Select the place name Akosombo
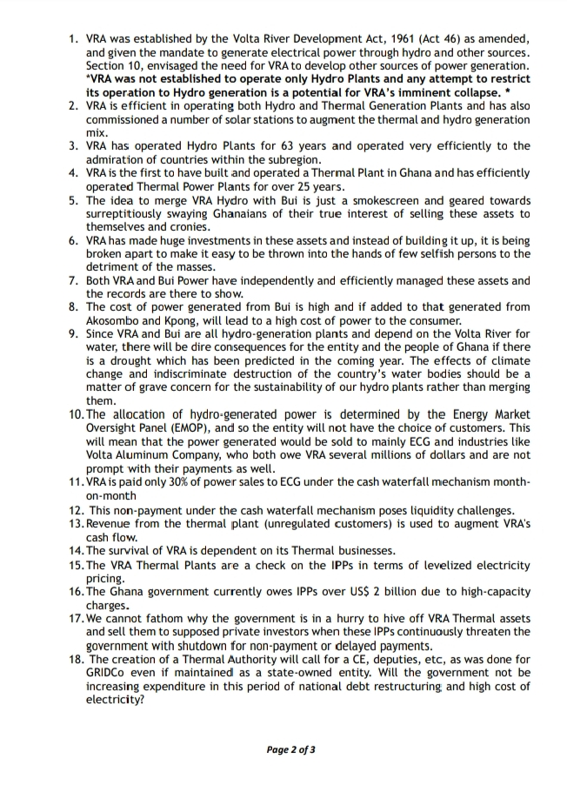(117, 319)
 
